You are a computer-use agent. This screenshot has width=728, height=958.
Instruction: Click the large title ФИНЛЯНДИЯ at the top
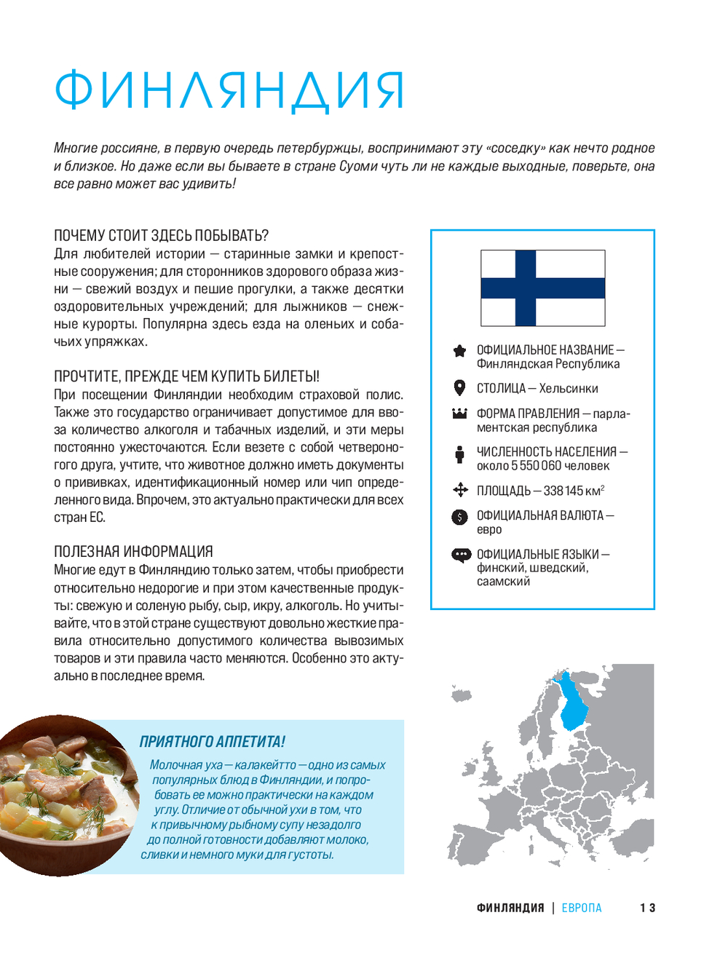(x=229, y=91)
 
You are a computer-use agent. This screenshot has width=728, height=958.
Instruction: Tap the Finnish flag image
(x=542, y=288)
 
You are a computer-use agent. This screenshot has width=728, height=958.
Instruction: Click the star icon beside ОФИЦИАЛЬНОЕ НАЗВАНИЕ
(x=459, y=351)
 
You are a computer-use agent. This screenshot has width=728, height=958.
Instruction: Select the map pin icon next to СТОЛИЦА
(x=459, y=387)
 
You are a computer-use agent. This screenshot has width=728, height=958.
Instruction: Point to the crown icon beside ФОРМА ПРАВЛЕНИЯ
(x=459, y=413)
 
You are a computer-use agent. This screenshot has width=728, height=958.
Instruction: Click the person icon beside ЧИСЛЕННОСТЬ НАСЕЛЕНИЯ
(x=459, y=454)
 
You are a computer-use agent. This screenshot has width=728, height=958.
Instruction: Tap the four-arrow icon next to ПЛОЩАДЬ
(x=460, y=489)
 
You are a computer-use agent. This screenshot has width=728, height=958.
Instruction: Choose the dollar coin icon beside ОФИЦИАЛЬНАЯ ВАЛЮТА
(x=459, y=517)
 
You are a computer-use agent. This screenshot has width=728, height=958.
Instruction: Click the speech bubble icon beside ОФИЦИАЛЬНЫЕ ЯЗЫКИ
(x=461, y=555)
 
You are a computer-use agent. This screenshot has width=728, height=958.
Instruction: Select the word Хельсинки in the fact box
(x=569, y=389)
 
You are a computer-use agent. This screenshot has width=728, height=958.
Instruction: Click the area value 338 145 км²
(x=574, y=491)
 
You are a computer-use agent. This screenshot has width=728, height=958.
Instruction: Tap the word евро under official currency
(x=489, y=529)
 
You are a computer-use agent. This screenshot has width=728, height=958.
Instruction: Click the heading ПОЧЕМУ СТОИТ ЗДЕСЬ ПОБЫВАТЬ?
(x=162, y=235)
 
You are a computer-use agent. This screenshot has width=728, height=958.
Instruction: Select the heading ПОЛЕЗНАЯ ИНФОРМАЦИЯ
(x=133, y=551)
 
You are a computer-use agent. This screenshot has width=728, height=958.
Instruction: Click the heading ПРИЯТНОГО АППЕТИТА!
(x=213, y=742)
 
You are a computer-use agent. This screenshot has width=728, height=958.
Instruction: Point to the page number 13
(x=647, y=908)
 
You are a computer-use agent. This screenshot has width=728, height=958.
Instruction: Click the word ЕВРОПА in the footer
(x=582, y=908)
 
